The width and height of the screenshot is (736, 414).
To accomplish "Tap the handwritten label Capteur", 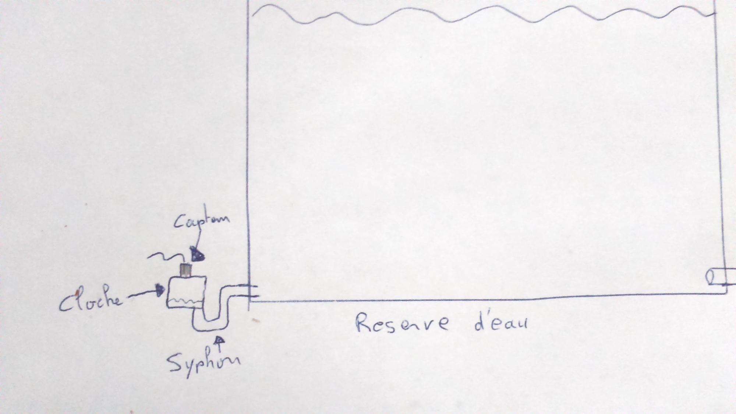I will [x=201, y=221].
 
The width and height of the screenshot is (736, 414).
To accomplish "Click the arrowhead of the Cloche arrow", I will [x=160, y=290].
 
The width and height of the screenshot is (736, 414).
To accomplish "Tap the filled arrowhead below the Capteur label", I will [x=197, y=255].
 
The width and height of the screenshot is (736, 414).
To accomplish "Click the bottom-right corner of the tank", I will [x=726, y=293].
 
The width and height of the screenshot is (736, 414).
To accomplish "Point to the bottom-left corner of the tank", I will [x=250, y=301].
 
